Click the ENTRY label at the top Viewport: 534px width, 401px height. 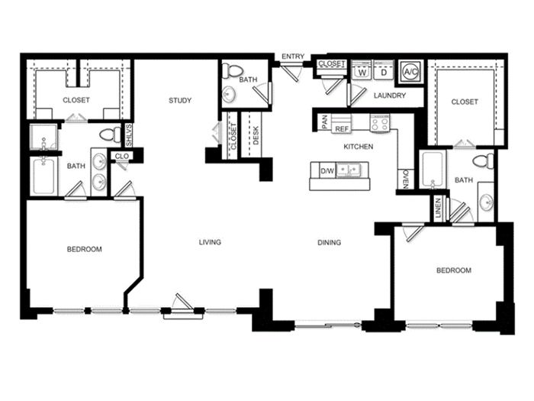293,57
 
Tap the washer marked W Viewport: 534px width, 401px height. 362,71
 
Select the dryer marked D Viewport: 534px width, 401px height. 384,71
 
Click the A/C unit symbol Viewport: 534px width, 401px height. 411,72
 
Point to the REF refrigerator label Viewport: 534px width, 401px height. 342,129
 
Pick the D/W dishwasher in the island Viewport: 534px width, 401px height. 327,171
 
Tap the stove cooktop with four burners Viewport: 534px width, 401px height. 380,123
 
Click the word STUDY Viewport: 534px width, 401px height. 180,100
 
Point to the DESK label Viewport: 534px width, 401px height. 256,136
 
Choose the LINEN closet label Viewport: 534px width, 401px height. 438,208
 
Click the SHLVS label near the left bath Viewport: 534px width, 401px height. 128,136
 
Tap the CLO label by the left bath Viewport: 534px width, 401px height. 122,156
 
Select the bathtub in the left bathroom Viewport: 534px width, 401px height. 43,176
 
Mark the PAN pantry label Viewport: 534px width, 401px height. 324,122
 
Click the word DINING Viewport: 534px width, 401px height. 329,242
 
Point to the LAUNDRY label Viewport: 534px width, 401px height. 390,95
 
